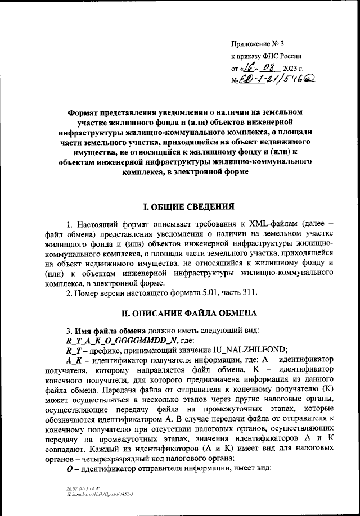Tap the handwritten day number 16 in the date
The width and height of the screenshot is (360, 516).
click(247, 68)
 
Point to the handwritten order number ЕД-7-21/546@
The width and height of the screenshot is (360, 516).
click(277, 82)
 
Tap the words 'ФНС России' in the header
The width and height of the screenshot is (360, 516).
click(285, 56)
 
